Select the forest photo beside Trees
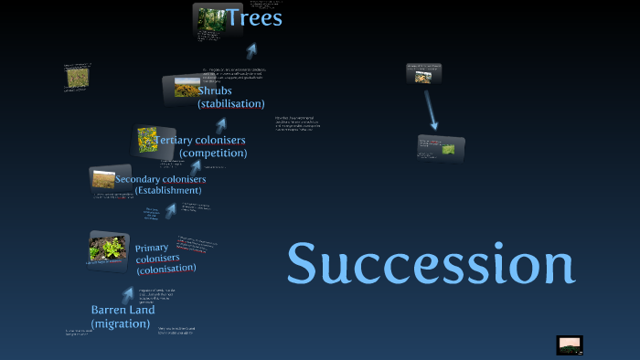[211, 19]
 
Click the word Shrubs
[215, 90]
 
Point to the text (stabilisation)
[231, 104]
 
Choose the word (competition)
[213, 154]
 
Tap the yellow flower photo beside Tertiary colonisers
[148, 140]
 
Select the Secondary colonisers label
[161, 178]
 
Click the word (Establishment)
[167, 190]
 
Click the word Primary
[152, 248]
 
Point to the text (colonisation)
[165, 270]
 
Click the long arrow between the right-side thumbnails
[430, 109]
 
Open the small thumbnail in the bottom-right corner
[570, 344]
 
